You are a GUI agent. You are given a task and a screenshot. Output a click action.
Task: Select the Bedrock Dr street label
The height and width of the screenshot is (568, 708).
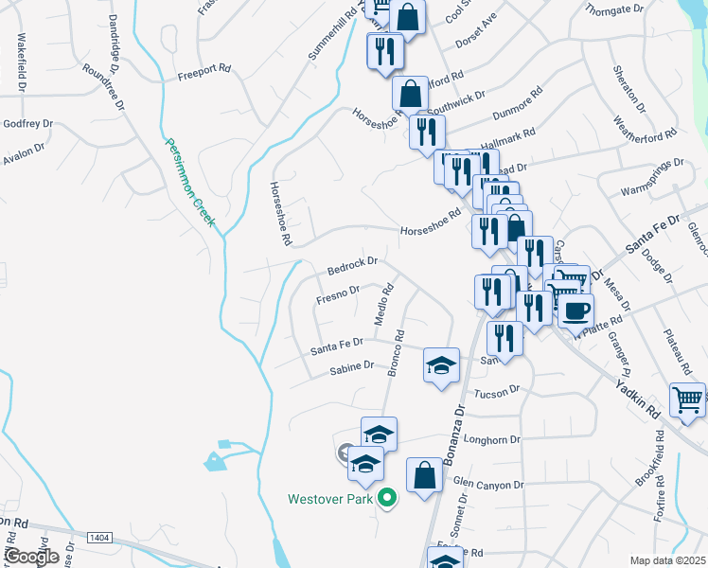(352, 262)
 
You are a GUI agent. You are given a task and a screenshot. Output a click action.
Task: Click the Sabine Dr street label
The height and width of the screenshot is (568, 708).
(351, 367)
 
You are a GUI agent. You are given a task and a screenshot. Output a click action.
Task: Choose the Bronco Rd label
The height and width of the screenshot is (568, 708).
(396, 353)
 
